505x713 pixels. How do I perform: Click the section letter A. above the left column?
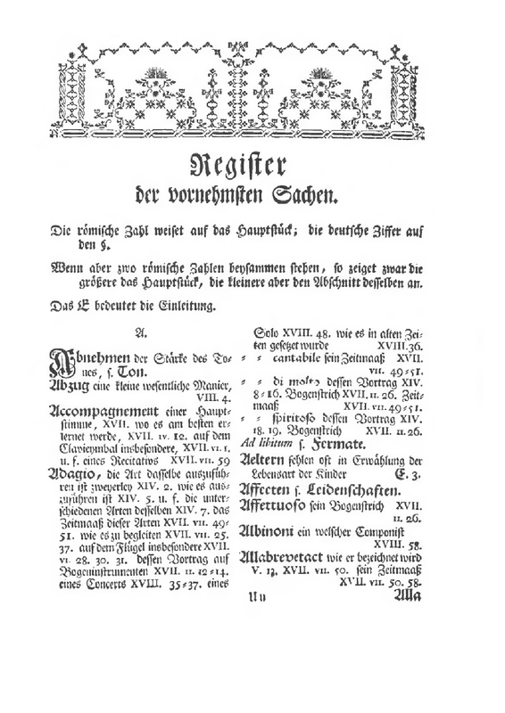pyautogui.click(x=138, y=332)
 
